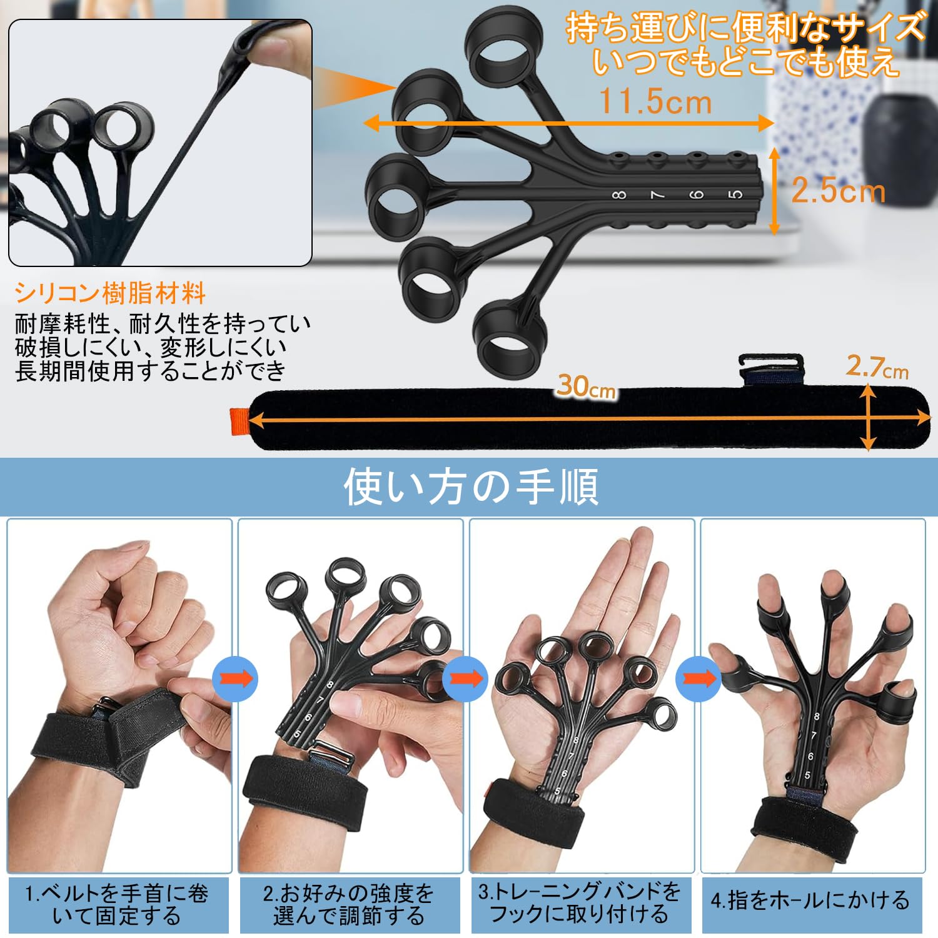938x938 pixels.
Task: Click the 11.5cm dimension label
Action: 655,101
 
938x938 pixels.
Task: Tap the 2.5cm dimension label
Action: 838,191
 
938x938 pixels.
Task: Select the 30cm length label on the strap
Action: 586,387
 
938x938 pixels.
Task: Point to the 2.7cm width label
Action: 877,368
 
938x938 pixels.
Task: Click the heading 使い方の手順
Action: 470,487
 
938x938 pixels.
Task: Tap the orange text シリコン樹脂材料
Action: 110,293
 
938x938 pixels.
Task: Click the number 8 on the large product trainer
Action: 619,195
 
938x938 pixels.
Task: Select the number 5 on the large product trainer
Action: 737,194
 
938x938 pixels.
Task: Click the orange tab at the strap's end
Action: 239,420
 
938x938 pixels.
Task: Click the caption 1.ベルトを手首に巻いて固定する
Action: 117,904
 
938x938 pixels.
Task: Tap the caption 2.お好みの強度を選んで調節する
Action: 349,904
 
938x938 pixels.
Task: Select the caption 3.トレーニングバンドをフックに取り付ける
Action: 580,902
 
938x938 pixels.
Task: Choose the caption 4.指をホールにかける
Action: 810,900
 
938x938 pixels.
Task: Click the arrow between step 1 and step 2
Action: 235,679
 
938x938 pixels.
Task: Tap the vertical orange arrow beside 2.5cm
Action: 774,191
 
